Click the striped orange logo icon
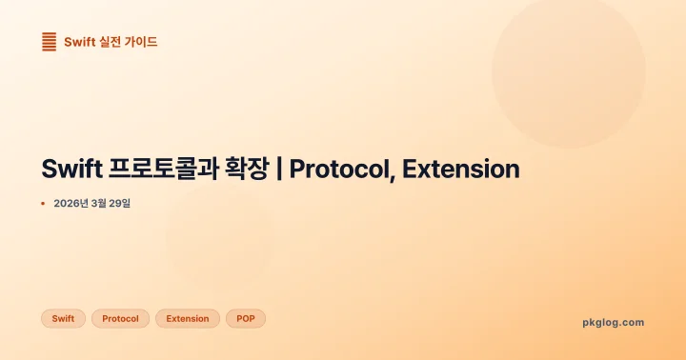(x=49, y=41)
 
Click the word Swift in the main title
(x=72, y=170)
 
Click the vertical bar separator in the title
(x=280, y=170)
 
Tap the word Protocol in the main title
(x=338, y=170)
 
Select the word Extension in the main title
(x=460, y=170)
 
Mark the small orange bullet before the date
(x=43, y=204)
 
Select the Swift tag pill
(x=63, y=318)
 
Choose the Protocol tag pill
(x=120, y=318)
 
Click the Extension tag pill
(x=187, y=318)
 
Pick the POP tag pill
(x=246, y=318)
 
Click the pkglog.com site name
(x=613, y=322)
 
